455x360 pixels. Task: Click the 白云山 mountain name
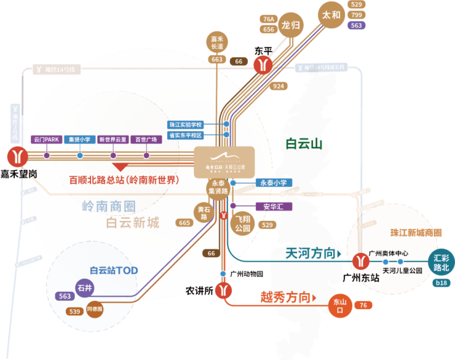[304, 143]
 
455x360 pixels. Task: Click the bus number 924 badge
[279, 86]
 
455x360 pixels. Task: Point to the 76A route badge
[268, 19]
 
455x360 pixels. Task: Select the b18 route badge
[441, 283]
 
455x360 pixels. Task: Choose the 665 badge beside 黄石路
[184, 223]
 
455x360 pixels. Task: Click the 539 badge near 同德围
[75, 311]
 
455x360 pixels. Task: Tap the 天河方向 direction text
[312, 254]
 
